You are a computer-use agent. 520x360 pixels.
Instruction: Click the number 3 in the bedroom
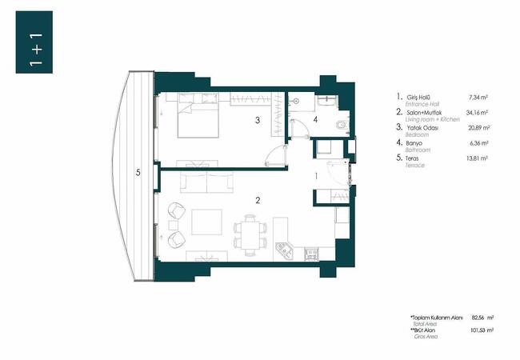coord(256,121)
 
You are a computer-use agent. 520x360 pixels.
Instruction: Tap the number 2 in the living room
coord(257,200)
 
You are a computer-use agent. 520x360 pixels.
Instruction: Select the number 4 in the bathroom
coord(315,120)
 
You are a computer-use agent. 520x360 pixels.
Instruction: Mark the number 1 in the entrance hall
coord(317,175)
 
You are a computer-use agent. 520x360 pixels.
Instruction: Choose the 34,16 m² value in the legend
coord(478,113)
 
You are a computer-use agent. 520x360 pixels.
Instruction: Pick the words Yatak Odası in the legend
coord(421,129)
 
